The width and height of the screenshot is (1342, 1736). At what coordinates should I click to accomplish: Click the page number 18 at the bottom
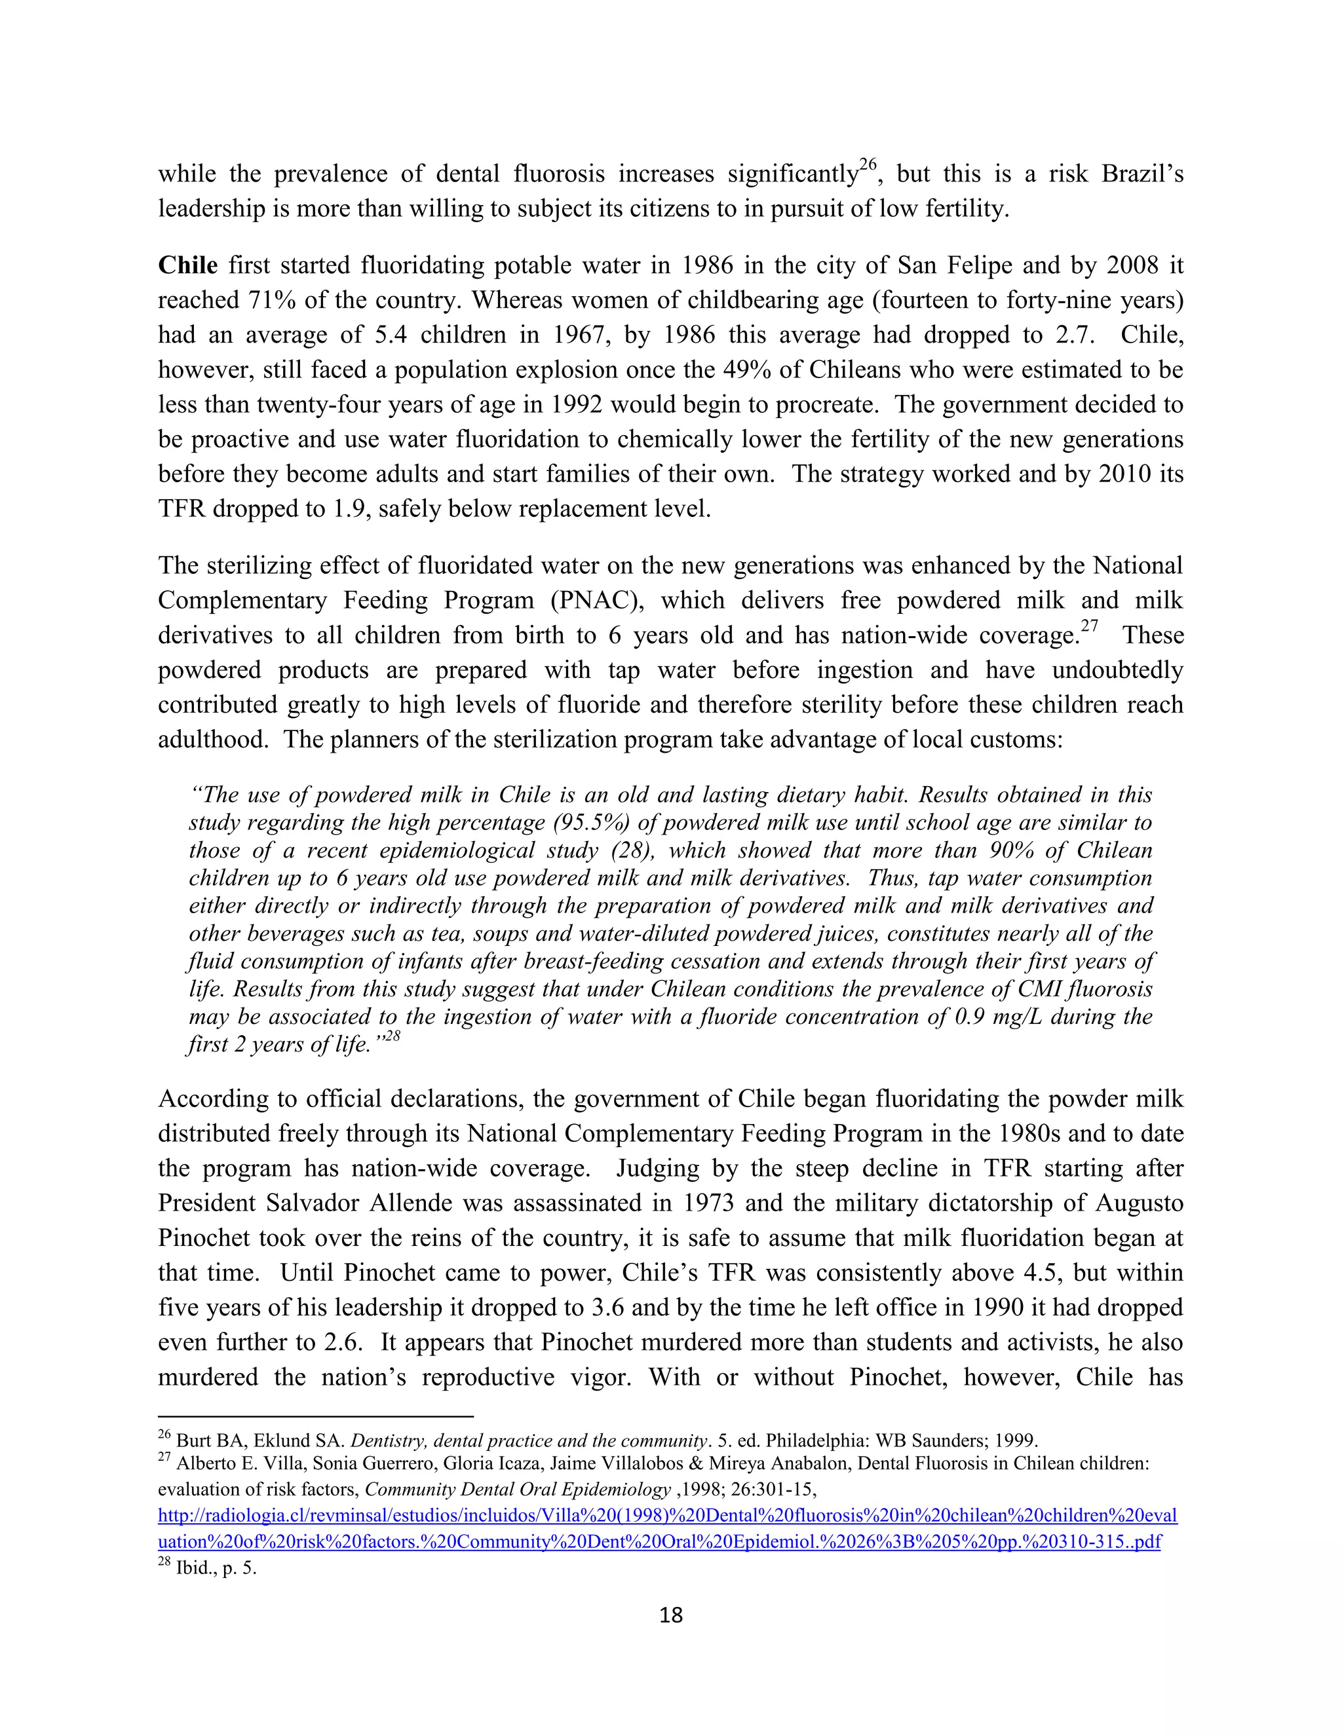671,1615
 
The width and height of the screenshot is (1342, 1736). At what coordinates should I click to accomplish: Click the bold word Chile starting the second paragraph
187,265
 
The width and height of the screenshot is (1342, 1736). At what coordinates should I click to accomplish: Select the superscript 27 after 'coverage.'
1088,626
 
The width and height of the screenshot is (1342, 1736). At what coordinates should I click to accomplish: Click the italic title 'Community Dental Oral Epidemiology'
518,1490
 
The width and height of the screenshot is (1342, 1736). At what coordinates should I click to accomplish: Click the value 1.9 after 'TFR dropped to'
347,510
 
